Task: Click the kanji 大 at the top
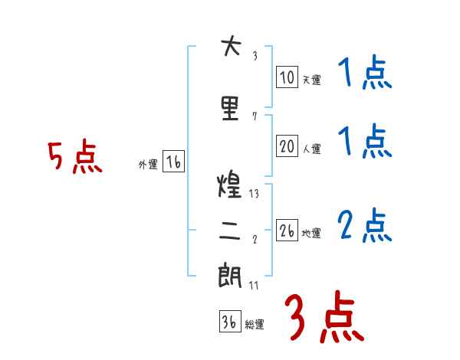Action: pyautogui.click(x=231, y=47)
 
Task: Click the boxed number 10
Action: pyautogui.click(x=287, y=77)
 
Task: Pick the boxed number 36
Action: pyautogui.click(x=229, y=322)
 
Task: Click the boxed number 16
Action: pyautogui.click(x=173, y=162)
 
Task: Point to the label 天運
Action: pyautogui.click(x=311, y=80)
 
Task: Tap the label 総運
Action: pyautogui.click(x=255, y=325)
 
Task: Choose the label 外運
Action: pyautogui.click(x=148, y=164)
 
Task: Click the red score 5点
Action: pyautogui.click(x=75, y=158)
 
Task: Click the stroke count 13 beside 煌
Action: pyautogui.click(x=254, y=194)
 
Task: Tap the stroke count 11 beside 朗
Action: pyautogui.click(x=254, y=285)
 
